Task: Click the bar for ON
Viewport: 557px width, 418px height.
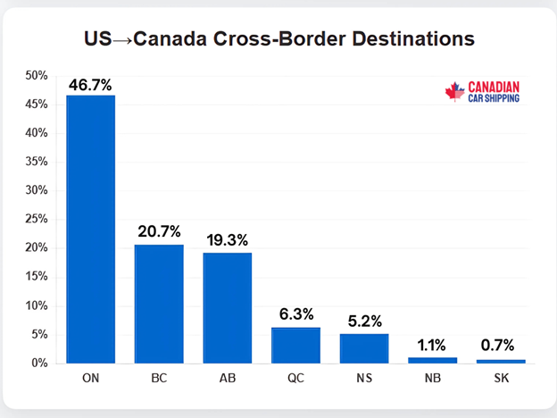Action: click(90, 229)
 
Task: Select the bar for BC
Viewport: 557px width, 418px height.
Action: click(159, 304)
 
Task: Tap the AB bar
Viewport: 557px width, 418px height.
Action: click(227, 307)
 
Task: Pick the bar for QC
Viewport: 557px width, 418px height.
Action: click(295, 345)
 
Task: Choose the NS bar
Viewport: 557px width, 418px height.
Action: click(364, 348)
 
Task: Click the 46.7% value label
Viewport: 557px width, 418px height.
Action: click(90, 85)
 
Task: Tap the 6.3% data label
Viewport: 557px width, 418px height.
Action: click(295, 316)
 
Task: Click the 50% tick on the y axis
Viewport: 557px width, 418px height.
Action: click(37, 76)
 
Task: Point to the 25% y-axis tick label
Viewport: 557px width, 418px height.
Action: click(37, 220)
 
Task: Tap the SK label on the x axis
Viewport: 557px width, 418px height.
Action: click(501, 380)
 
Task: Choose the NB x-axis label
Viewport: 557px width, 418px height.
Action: click(432, 380)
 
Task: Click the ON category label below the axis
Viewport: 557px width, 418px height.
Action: click(90, 380)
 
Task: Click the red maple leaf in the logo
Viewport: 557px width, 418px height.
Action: click(455, 91)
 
